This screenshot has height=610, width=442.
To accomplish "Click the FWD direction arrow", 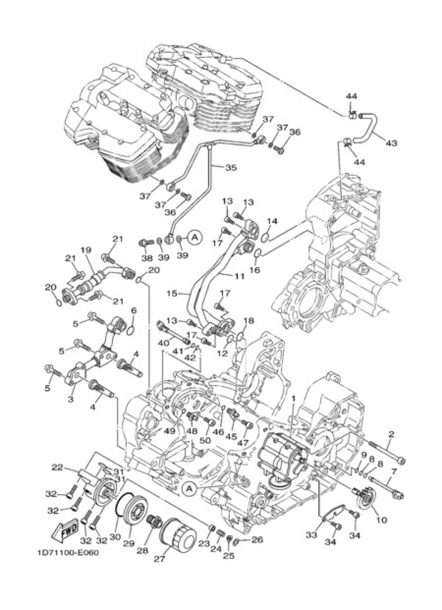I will [64, 530].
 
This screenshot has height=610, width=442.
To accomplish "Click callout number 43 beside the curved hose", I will [391, 143].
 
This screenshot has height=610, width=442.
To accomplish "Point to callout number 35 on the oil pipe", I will [230, 168].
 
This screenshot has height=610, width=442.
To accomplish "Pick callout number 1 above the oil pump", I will [292, 398].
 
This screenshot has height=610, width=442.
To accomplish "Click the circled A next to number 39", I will [195, 237].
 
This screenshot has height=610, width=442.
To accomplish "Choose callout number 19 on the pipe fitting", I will [85, 250].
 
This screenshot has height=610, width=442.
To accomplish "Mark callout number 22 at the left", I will [57, 467].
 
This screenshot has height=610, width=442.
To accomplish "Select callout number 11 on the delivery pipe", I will [239, 276].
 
